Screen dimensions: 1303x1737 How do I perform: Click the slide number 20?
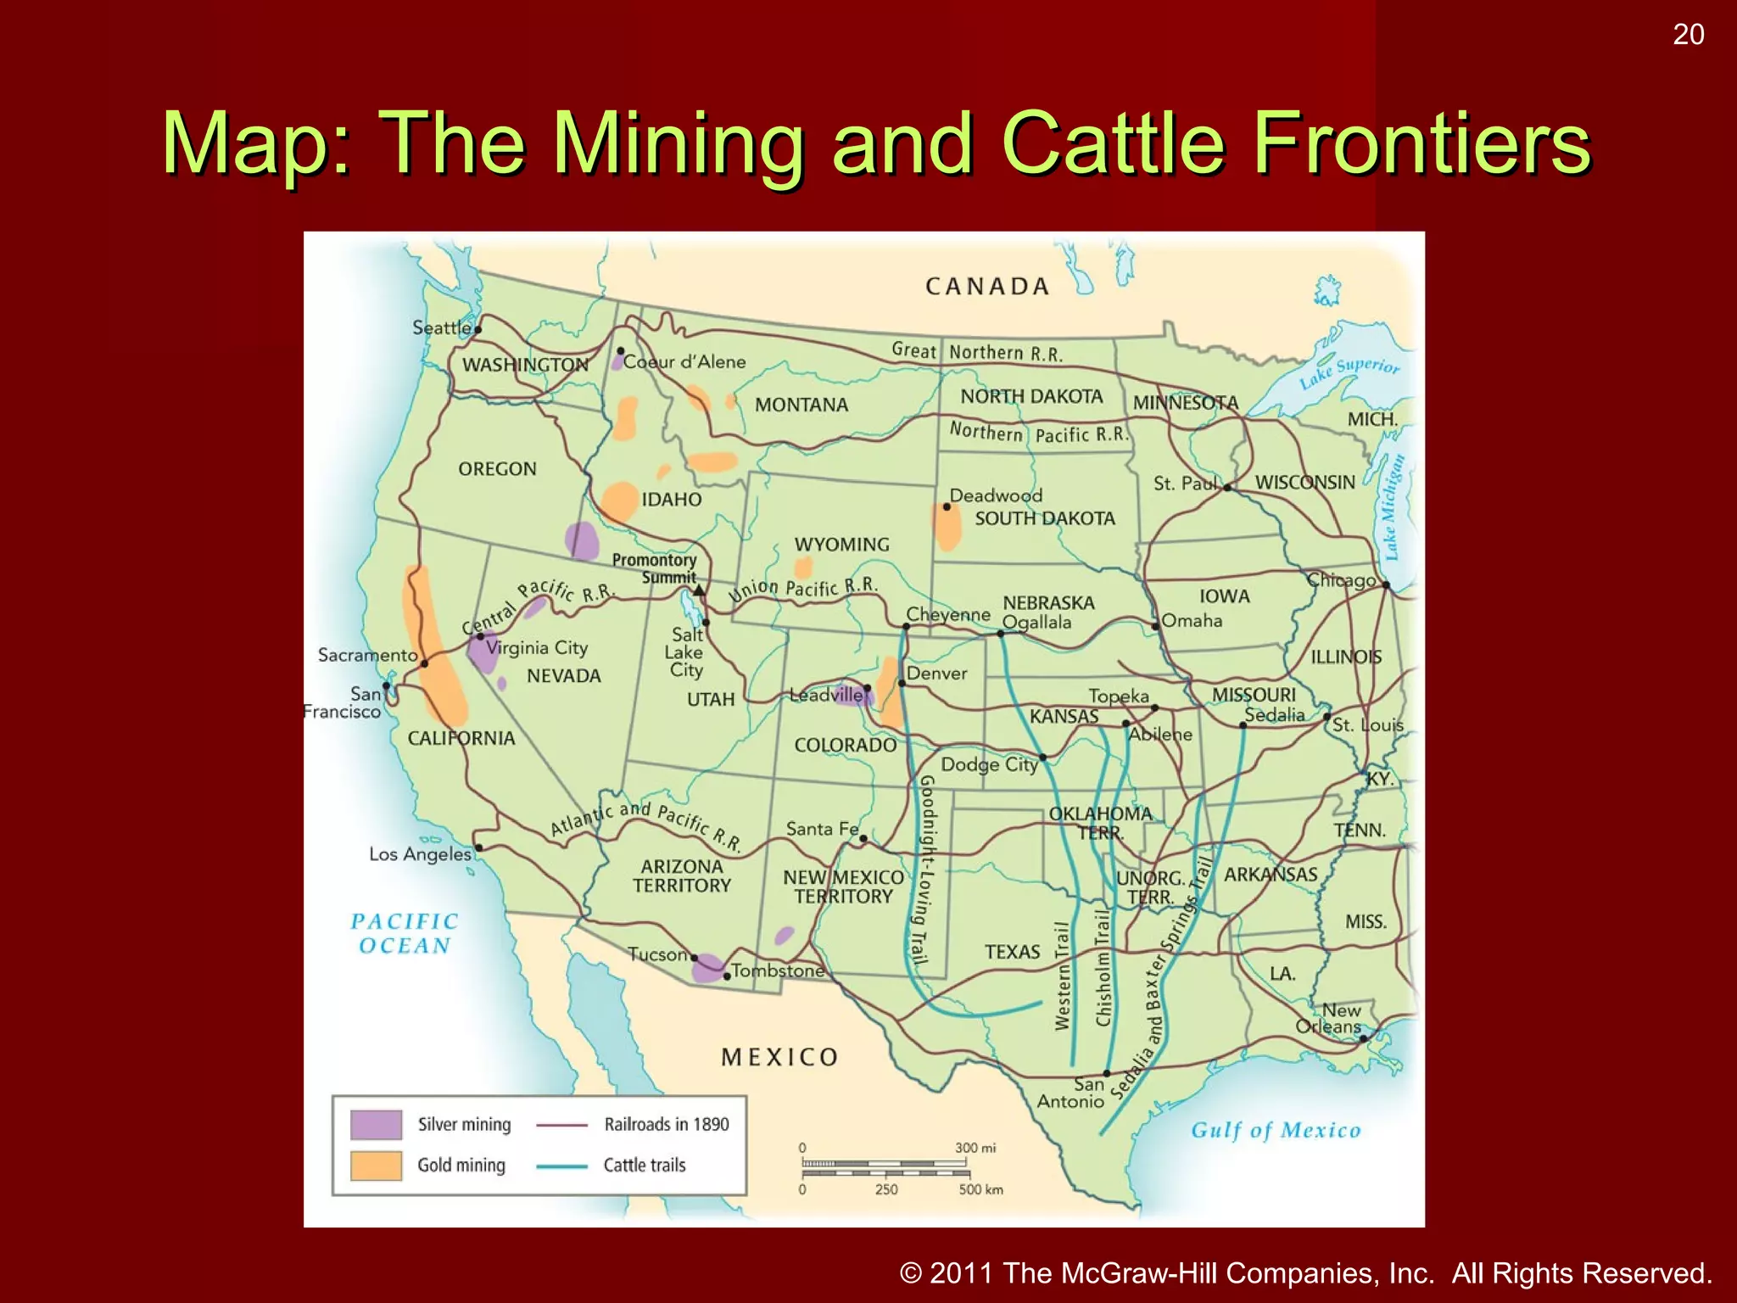point(1688,35)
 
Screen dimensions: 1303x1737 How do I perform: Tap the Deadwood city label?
point(996,495)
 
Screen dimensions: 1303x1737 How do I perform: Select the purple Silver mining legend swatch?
point(376,1125)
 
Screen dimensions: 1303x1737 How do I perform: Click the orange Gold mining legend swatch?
point(376,1166)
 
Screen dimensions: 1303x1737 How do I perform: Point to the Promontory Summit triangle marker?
point(698,590)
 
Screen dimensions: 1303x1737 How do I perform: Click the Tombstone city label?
point(777,970)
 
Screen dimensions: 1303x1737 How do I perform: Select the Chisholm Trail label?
point(1103,967)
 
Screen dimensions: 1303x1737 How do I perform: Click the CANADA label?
point(987,287)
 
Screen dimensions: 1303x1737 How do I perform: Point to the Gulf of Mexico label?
point(1276,1130)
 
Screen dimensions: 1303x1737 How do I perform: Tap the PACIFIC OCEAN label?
point(405,933)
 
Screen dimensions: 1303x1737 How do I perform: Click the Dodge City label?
point(989,764)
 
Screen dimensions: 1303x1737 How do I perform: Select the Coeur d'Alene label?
point(684,362)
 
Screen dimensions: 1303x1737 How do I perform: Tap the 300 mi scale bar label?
point(975,1148)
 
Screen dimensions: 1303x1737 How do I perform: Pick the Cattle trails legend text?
point(645,1166)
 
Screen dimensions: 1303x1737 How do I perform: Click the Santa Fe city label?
point(822,829)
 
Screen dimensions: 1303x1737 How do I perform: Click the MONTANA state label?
point(801,405)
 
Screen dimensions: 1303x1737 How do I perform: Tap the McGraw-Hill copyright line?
point(1306,1273)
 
